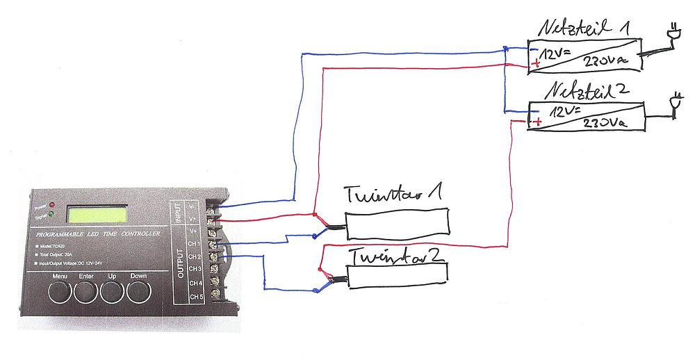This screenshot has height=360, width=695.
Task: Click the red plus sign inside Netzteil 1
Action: [536, 64]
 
